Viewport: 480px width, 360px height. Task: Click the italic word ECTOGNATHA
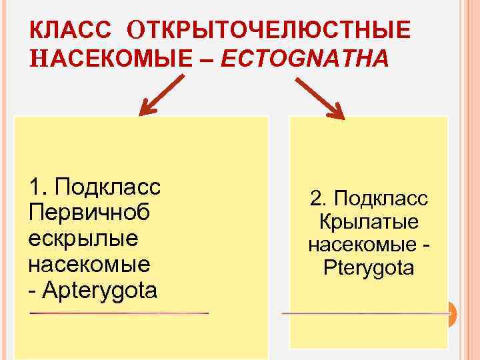coord(304,59)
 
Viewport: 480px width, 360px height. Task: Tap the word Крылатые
coord(369,222)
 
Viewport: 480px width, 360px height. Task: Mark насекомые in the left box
coord(89,264)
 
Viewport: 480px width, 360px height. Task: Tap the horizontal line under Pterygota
coord(363,313)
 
